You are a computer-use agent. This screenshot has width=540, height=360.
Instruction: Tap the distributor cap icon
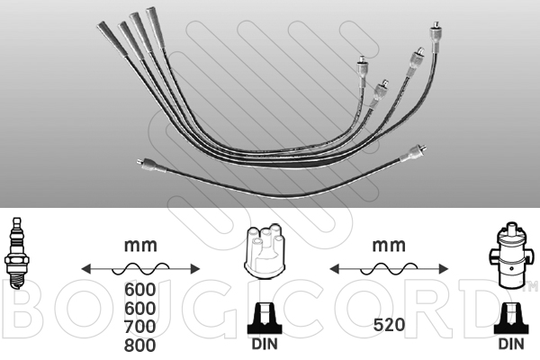[265, 252]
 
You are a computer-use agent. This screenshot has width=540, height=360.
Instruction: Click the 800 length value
[139, 346]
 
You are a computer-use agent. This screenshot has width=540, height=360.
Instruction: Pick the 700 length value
[139, 327]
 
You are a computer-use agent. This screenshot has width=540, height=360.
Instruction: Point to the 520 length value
[389, 325]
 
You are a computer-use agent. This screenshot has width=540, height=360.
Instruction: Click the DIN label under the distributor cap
[265, 344]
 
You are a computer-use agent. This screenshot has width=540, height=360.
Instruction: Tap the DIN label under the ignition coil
[511, 344]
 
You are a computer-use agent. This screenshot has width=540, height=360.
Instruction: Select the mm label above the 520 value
[389, 246]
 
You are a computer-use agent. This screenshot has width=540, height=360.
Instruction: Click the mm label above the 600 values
[140, 246]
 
